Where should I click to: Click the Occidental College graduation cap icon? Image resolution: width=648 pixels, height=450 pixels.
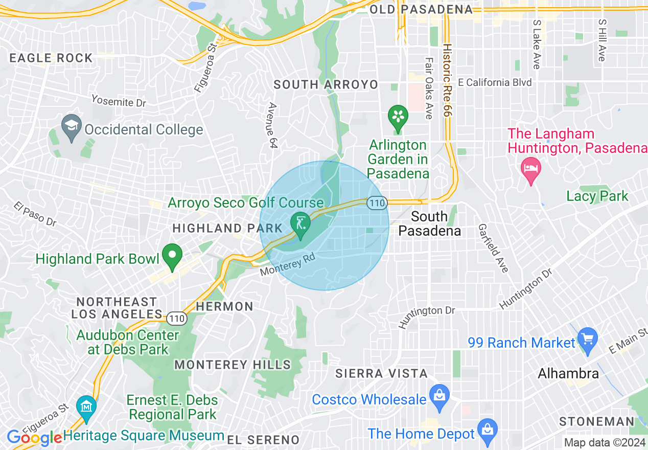tap(71, 125)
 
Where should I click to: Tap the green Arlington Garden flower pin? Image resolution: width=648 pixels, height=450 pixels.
tap(398, 116)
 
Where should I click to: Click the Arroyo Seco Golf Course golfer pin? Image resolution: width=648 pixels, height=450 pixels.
tap(300, 223)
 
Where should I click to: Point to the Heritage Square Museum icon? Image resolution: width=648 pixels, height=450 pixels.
tap(86, 407)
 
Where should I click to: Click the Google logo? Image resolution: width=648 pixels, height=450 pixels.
tap(34, 438)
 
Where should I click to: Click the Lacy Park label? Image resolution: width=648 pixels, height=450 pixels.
tap(597, 196)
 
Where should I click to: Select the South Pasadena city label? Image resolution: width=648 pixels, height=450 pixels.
tap(429, 223)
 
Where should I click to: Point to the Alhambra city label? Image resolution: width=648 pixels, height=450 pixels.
tap(568, 373)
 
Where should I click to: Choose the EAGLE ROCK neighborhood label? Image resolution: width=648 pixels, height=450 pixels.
tap(51, 58)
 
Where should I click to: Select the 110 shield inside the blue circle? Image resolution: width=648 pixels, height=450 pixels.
tap(377, 203)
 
